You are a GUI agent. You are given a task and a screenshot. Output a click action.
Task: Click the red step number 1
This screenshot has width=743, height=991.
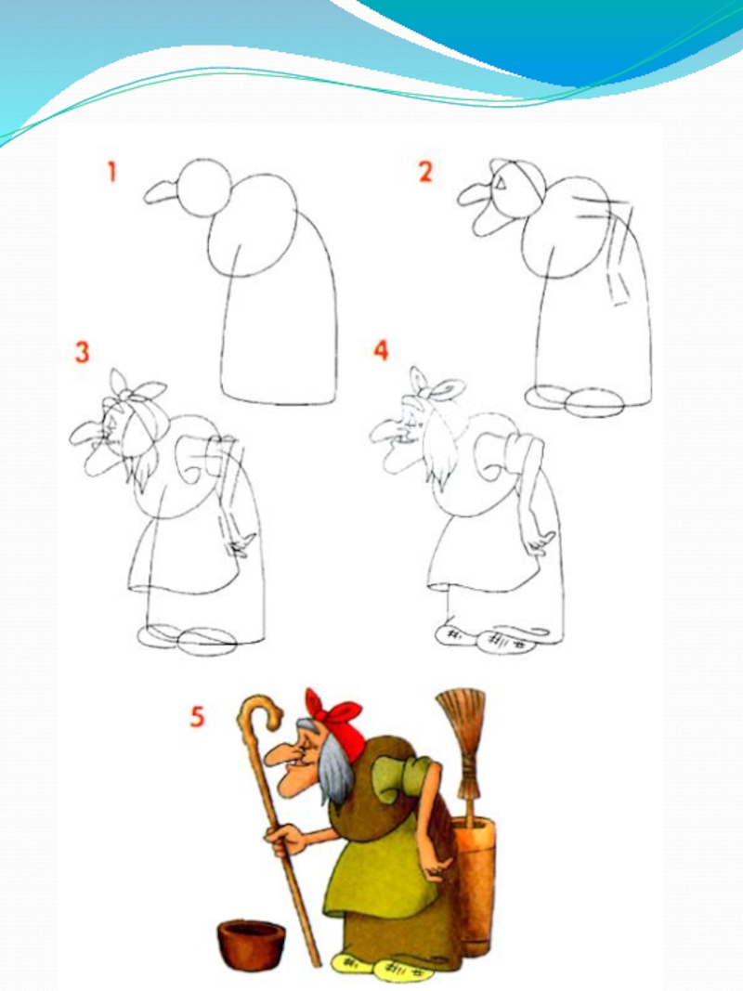click(111, 172)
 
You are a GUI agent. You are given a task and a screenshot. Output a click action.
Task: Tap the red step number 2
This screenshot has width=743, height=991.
click(425, 172)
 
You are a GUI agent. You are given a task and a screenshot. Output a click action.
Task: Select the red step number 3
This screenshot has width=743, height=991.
click(82, 353)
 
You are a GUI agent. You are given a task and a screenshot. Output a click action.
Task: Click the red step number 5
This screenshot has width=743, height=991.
click(198, 717)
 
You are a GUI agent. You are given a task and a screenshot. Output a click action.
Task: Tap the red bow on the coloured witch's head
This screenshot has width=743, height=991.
click(337, 716)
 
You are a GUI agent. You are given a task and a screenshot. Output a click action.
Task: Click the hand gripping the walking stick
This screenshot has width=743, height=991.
click(283, 840)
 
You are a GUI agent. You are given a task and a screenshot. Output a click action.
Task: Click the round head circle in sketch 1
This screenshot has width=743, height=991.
click(202, 188)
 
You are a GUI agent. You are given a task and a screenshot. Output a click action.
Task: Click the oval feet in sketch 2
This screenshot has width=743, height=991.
click(575, 400)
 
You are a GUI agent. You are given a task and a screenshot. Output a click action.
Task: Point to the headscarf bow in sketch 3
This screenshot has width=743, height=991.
click(137, 387)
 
